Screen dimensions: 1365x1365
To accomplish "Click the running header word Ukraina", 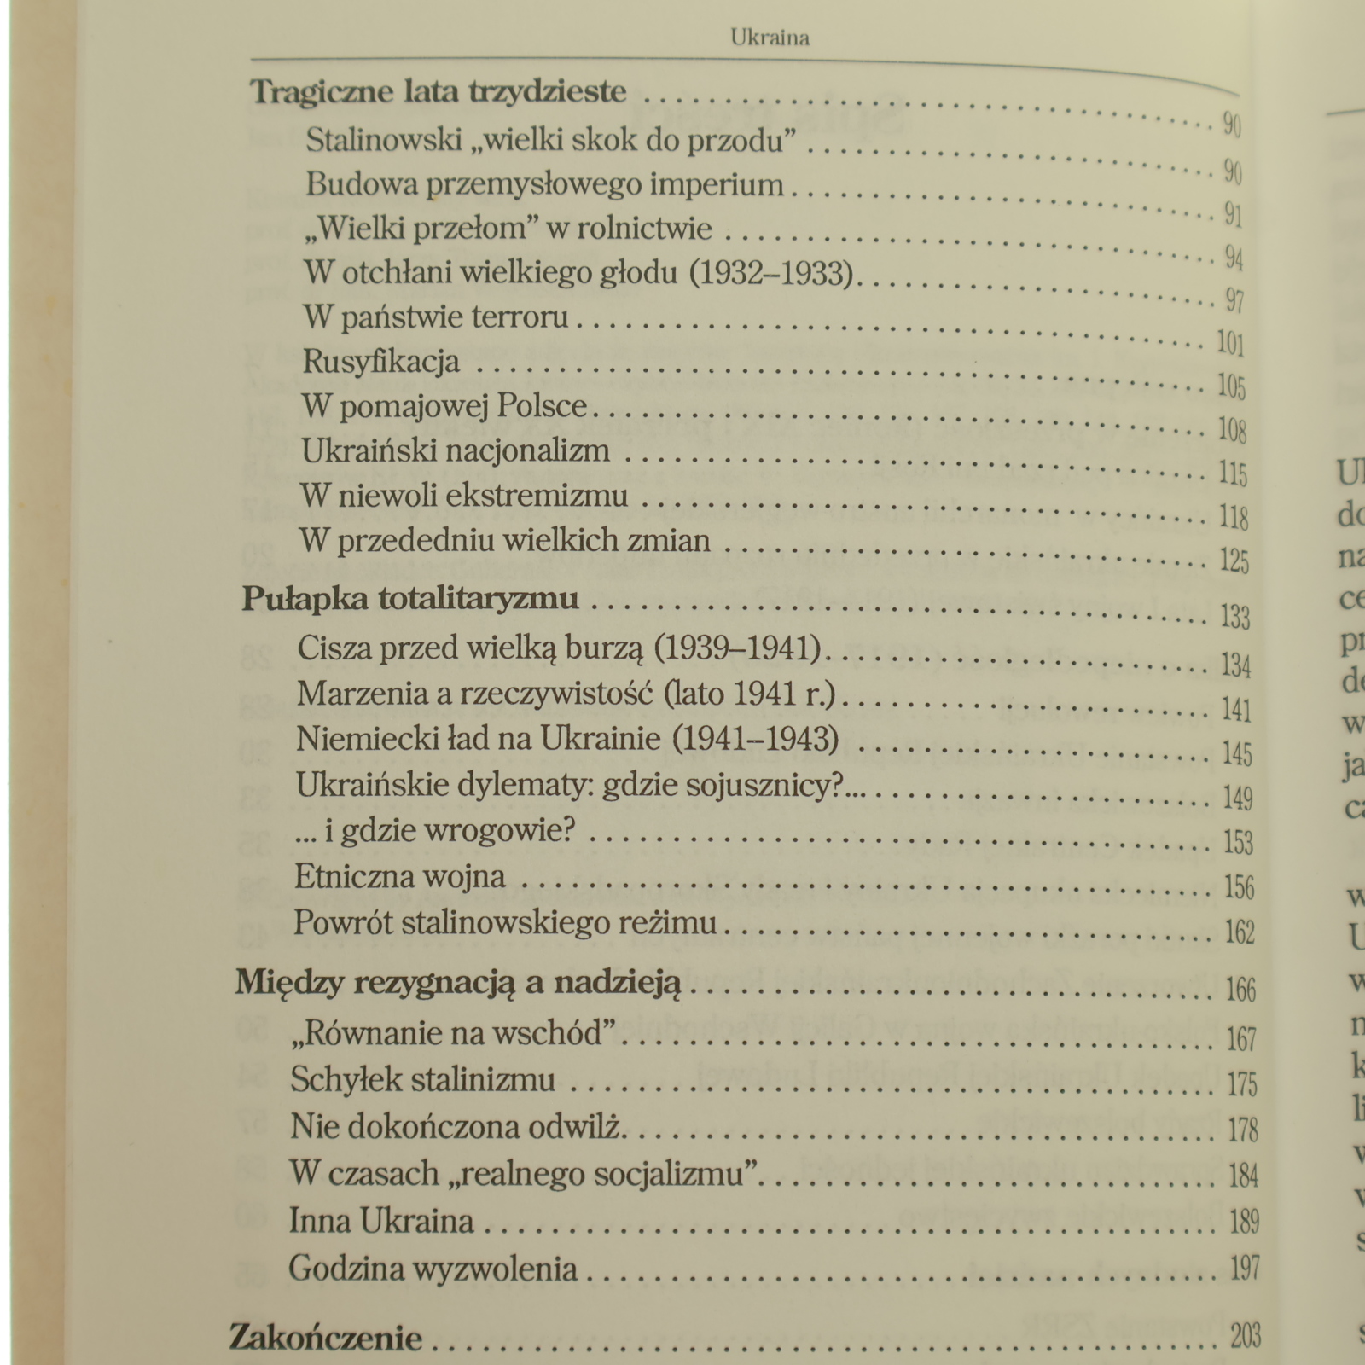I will pos(770,38).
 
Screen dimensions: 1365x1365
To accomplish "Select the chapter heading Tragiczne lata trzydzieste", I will pos(439,91).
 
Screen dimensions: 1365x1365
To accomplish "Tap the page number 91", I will pos(1233,215).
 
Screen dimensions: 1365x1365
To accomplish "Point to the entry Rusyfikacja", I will pos(381,362).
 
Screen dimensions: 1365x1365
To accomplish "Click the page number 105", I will pos(1231,386).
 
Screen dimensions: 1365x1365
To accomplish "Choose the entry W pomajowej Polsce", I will pos(444,406).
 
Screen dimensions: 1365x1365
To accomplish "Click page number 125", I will pos(1234,561).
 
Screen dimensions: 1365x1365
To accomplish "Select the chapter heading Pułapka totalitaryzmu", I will pos(410,599).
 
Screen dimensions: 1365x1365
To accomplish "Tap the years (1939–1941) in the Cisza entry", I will pos(737,649).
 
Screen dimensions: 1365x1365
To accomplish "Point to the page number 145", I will pos(1237,754).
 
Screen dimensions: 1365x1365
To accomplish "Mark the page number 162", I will pos(1240,932).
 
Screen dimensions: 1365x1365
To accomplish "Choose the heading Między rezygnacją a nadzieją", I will pos(458,984).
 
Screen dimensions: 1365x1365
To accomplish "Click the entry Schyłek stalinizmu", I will pos(422,1080).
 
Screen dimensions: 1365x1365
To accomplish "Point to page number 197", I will pos(1245,1269).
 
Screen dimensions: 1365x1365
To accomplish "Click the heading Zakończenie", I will pos(325,1337).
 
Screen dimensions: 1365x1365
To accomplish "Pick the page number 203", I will pos(1246,1336).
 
